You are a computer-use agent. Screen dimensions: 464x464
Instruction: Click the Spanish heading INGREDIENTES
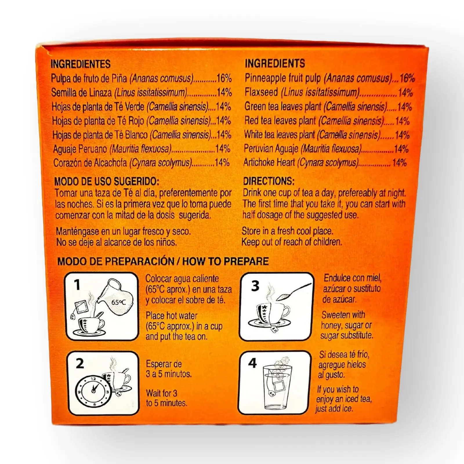(x=81, y=64)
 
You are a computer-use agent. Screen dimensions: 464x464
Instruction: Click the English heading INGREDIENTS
(x=275, y=63)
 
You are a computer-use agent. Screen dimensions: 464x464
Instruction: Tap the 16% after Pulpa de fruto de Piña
(x=224, y=78)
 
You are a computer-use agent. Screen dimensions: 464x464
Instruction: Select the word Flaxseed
(x=261, y=92)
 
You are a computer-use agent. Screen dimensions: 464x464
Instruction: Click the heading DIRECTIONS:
(x=269, y=181)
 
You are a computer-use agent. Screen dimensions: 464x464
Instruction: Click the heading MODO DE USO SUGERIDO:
(x=107, y=182)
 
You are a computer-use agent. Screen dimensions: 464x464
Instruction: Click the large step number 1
(x=77, y=285)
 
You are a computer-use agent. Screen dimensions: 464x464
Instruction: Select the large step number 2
(x=79, y=363)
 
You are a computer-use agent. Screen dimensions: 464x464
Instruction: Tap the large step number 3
(x=255, y=286)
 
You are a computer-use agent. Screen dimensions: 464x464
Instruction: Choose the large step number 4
(x=253, y=363)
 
